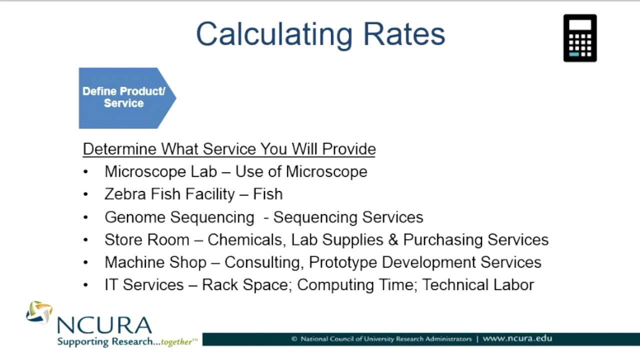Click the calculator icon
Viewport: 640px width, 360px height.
(580, 38)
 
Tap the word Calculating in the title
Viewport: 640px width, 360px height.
(274, 34)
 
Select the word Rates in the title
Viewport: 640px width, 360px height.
(404, 34)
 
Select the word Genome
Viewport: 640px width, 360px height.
(134, 217)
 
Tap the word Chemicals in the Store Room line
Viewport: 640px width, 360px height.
(247, 239)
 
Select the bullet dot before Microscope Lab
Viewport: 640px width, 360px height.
(86, 172)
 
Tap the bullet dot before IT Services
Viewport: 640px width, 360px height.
(86, 285)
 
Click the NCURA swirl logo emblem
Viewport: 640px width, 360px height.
(39, 312)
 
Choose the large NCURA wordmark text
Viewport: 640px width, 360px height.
(104, 325)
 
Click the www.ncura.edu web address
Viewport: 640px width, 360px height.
(517, 338)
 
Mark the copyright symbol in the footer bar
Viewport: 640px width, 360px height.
(294, 339)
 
